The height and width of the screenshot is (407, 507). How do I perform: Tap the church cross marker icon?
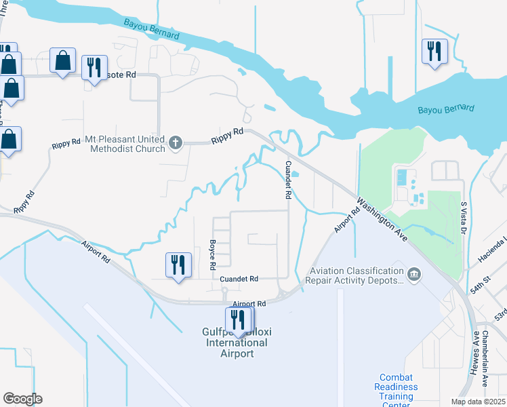[x=176, y=142]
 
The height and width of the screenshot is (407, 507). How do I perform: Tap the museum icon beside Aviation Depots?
[x=413, y=274]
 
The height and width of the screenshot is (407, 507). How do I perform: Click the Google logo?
[x=22, y=399]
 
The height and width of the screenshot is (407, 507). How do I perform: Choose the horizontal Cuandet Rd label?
[x=239, y=278]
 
